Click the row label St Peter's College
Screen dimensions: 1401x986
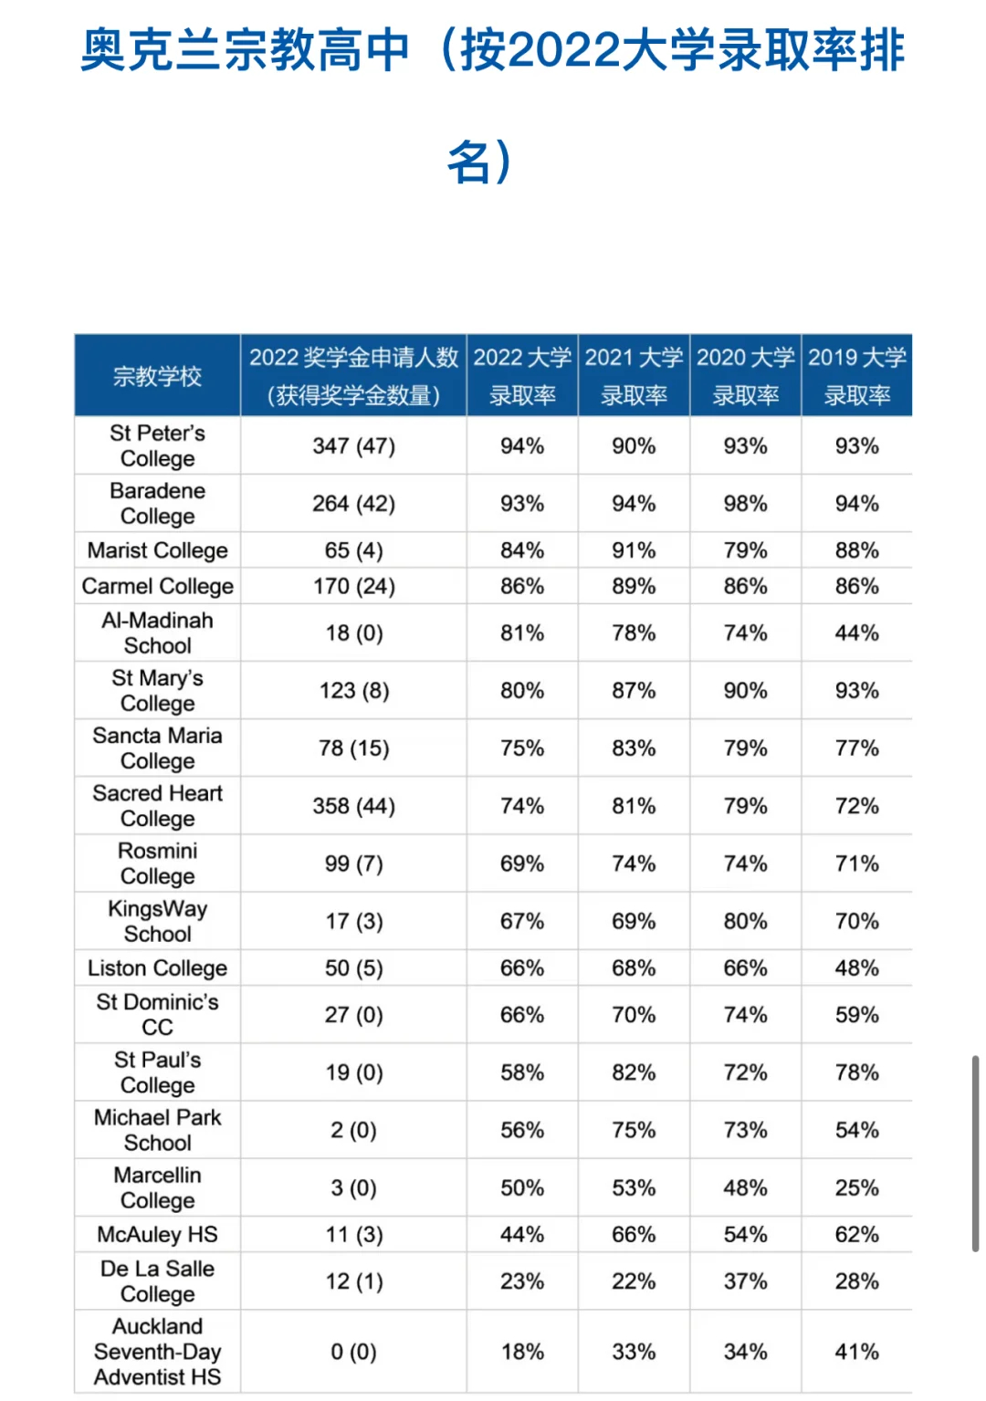157,445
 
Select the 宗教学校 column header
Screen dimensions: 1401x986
157,376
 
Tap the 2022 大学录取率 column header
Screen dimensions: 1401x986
522,376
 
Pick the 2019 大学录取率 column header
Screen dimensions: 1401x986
856,376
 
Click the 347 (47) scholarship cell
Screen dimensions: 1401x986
353,446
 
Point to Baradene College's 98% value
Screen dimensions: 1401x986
745,504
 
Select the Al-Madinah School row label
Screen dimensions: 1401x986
157,633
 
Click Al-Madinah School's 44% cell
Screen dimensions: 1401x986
856,633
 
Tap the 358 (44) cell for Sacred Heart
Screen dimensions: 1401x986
353,806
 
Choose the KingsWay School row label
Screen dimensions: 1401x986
157,921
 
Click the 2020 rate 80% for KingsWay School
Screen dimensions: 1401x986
745,922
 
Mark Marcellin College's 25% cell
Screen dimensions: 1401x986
856,1188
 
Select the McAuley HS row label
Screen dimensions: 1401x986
157,1235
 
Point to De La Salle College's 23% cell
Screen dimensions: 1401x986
522,1281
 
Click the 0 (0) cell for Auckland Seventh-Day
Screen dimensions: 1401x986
353,1352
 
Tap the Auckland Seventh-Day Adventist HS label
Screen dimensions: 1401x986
157,1352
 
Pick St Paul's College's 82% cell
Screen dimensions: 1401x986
634,1072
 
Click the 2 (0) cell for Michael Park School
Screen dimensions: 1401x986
353,1131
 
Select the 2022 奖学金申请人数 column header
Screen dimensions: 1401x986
353,376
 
